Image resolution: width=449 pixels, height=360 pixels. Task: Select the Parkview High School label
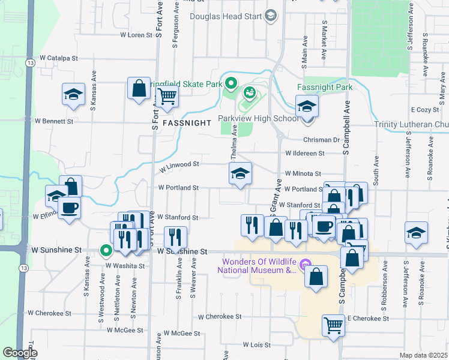coord(258,118)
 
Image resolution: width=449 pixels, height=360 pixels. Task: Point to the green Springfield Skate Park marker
coord(230,84)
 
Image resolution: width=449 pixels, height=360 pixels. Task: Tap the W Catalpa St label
coord(59,58)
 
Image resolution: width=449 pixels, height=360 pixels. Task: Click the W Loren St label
coord(137,35)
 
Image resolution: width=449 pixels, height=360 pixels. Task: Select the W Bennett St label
coord(53,121)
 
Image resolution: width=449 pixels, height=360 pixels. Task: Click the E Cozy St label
coord(426,110)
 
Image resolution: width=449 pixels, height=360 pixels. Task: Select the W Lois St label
coord(257,345)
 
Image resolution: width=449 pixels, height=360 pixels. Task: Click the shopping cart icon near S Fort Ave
coord(167,96)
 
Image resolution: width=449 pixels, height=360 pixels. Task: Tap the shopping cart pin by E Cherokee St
coord(333,326)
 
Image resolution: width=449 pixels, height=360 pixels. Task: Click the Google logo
coord(20,353)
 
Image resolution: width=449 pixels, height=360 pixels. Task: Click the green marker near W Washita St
coord(106,251)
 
